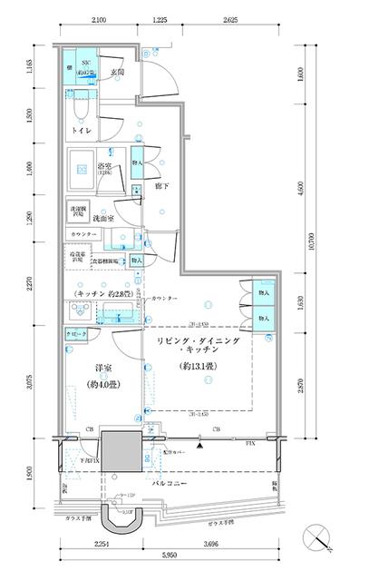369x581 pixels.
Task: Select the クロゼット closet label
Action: click(77, 335)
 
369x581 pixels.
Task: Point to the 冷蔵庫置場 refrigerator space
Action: click(75, 260)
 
